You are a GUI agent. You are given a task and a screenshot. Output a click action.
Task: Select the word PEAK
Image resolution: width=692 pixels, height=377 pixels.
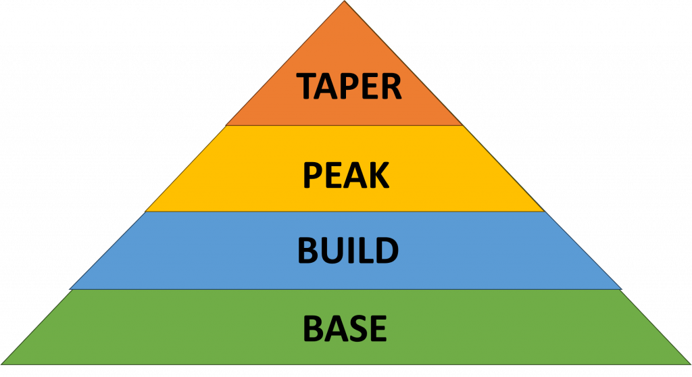[x=345, y=176]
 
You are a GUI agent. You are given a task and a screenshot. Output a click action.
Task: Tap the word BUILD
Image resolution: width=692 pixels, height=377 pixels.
[x=347, y=250]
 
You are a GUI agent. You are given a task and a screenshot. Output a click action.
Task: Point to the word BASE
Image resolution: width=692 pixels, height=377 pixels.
[x=345, y=328]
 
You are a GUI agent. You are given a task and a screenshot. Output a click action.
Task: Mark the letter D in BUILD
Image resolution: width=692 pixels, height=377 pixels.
[x=386, y=250]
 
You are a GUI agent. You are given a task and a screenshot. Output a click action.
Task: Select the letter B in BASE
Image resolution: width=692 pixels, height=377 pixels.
[x=314, y=328]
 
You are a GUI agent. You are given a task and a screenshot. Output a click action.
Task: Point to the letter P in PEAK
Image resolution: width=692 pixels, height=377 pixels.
[x=312, y=176]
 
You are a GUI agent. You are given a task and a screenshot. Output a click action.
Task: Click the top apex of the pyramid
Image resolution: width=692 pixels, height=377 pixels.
[x=345, y=2]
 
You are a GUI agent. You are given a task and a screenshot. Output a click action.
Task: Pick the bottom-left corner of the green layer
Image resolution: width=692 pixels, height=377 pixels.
[x=2, y=364]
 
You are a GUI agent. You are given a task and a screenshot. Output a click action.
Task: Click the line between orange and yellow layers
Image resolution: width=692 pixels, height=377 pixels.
[x=345, y=125]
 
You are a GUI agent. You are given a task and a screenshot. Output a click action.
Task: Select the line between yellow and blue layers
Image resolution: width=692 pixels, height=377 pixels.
[x=345, y=211]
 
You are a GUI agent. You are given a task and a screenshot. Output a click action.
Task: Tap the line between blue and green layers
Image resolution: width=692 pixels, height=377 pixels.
[x=345, y=289]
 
